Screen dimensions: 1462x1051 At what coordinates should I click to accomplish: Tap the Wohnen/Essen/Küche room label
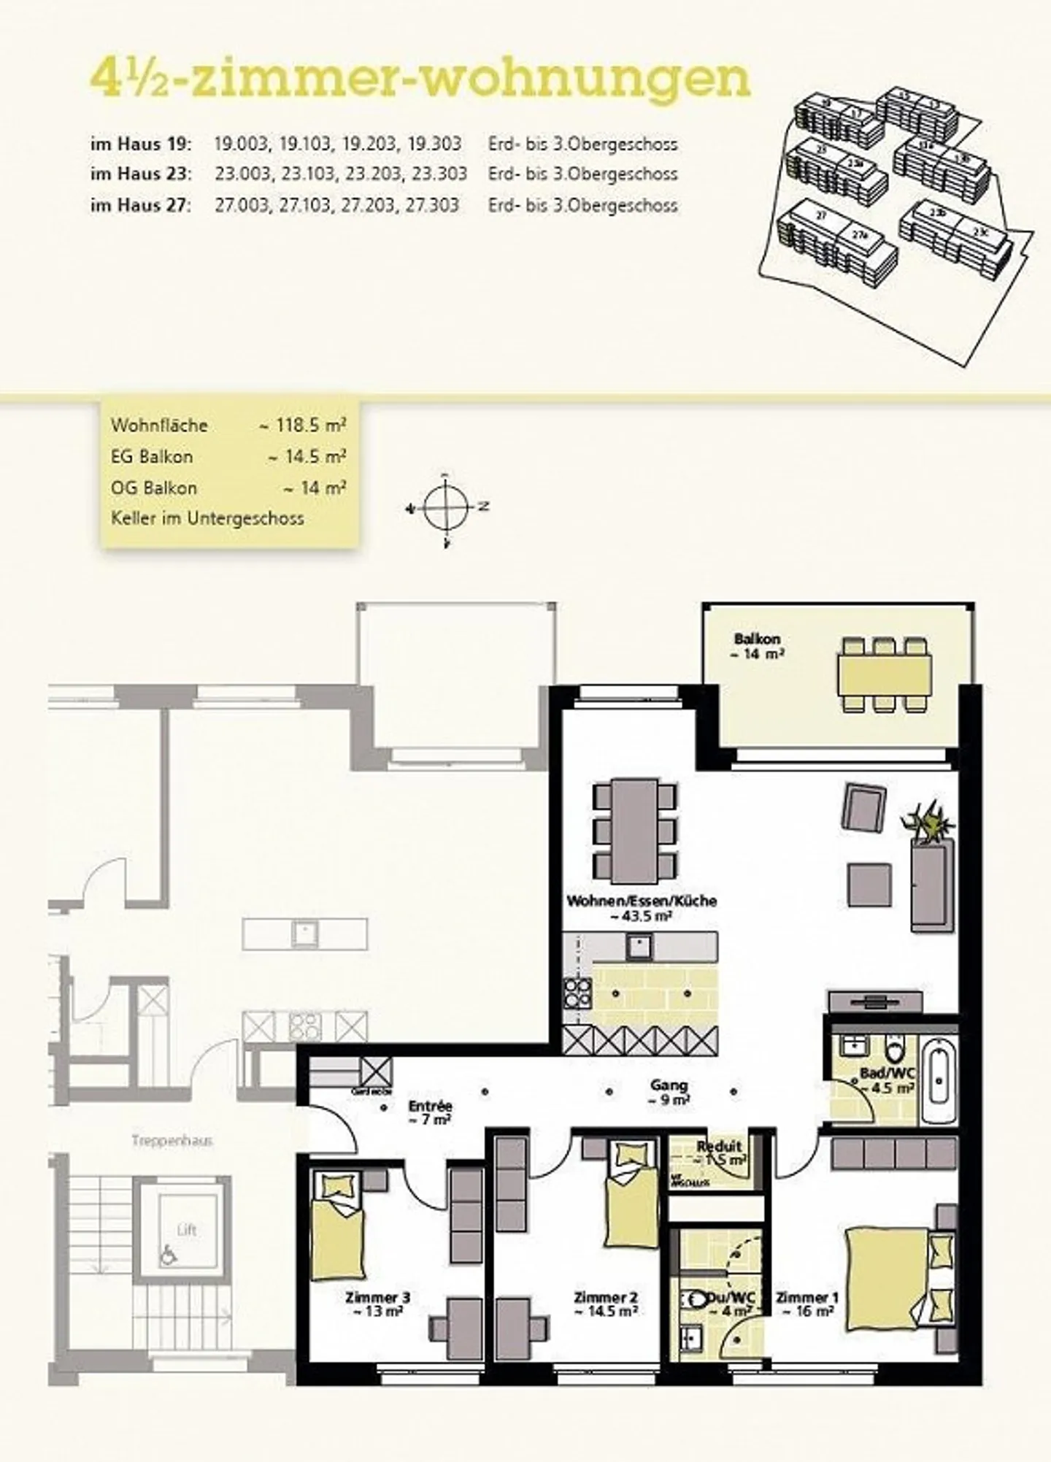[641, 908]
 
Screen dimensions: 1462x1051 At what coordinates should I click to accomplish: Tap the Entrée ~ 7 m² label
[430, 1112]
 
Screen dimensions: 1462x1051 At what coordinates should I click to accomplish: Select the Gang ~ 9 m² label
[669, 1092]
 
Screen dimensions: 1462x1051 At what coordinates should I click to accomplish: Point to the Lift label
[187, 1230]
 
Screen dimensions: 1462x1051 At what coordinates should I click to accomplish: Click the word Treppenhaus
[172, 1140]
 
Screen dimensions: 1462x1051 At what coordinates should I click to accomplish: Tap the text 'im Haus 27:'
[141, 205]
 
